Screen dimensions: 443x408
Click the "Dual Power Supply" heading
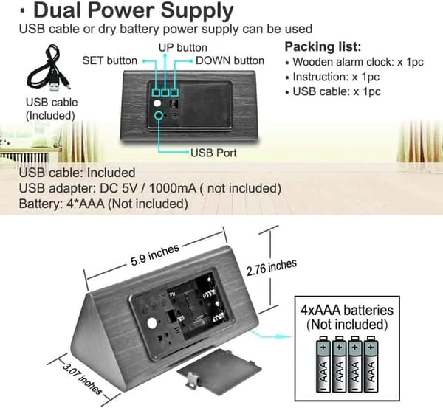[x=134, y=11]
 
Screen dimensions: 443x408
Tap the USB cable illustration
[x=49, y=69]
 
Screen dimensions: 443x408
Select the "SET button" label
[x=109, y=60]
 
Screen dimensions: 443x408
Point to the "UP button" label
[x=183, y=47]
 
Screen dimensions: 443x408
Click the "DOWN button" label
[x=230, y=60]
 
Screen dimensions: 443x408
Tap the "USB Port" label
[x=213, y=153]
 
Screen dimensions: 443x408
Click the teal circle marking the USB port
[x=159, y=116]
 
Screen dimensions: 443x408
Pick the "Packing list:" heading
[x=323, y=47]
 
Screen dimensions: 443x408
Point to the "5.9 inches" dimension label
[x=155, y=255]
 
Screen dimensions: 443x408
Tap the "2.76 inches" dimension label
[x=272, y=267]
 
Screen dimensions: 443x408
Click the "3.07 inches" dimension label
[x=82, y=379]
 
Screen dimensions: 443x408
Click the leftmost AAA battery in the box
[x=323, y=364]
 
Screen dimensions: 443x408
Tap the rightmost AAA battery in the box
[x=371, y=364]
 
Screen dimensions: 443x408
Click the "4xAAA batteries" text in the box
[x=347, y=311]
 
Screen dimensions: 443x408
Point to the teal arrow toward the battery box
[x=272, y=335]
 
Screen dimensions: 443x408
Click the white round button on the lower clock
[x=152, y=324]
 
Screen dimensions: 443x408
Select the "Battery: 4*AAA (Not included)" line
[x=103, y=204]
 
